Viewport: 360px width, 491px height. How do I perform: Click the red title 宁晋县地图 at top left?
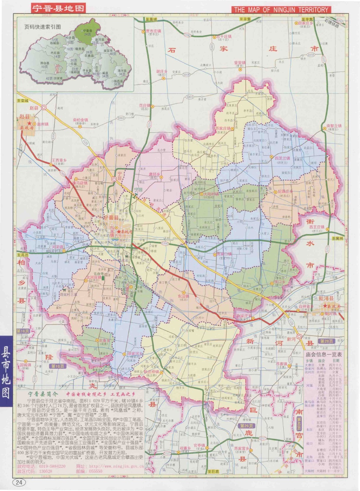pos(58,9)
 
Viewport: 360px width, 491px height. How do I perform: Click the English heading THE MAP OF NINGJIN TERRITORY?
pos(280,10)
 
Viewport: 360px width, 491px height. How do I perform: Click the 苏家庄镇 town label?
pos(223,128)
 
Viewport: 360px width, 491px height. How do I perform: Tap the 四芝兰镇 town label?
pos(282,158)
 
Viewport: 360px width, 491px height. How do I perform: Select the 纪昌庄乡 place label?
pos(285,191)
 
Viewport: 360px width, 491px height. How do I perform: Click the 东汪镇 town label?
pos(183,296)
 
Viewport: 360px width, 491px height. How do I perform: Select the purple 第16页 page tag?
pos(23,331)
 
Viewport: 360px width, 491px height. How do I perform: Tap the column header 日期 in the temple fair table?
pos(336,360)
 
